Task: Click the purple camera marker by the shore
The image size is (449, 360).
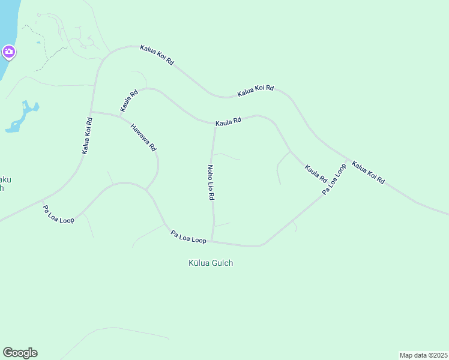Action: click(x=8, y=52)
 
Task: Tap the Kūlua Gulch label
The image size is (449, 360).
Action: click(x=211, y=263)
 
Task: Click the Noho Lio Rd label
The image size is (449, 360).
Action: click(x=211, y=182)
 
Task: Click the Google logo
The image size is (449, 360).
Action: click(x=20, y=353)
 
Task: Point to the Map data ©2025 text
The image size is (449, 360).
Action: click(x=423, y=355)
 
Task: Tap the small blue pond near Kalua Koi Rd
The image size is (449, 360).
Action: click(x=23, y=117)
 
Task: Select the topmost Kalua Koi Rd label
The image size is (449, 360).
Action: click(x=157, y=55)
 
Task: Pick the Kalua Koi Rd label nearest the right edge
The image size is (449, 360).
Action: click(x=368, y=172)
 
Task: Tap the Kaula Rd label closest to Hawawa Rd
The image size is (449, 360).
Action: click(x=129, y=101)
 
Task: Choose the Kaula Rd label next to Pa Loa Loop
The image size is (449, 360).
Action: click(x=315, y=174)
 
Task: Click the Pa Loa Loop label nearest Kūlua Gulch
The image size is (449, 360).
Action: click(x=188, y=236)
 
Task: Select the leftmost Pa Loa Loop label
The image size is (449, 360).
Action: click(x=58, y=214)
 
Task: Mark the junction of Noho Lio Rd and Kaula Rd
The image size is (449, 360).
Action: click(x=215, y=125)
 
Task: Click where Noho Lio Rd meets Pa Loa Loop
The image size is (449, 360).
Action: click(x=212, y=241)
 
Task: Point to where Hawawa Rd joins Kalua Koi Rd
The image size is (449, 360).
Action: click(x=91, y=112)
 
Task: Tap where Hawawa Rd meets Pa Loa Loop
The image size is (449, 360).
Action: click(x=146, y=189)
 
